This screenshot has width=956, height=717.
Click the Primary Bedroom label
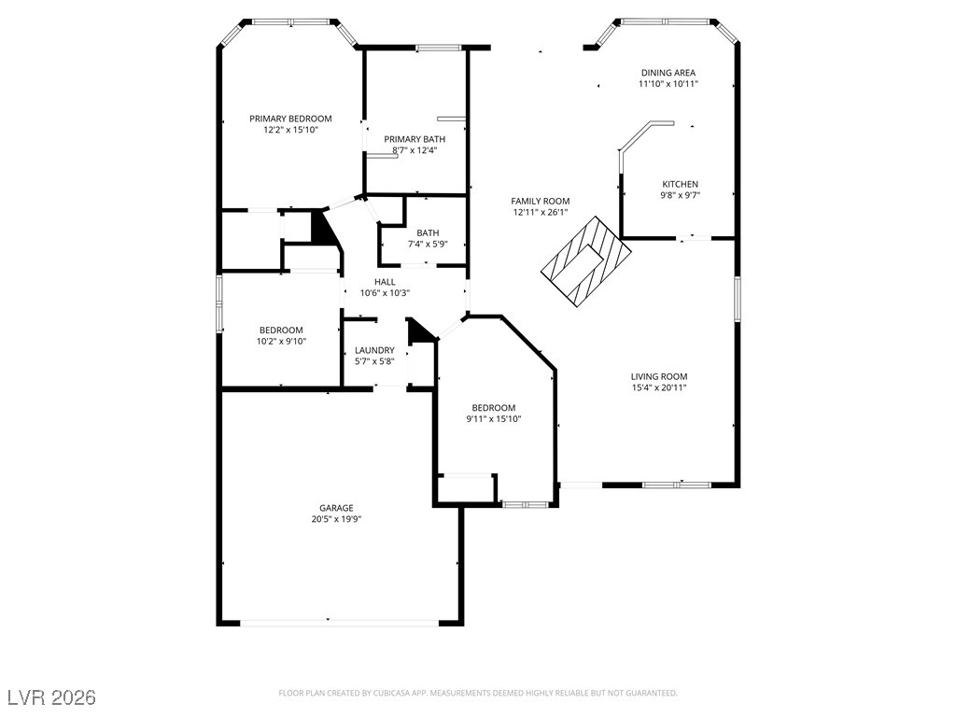290,119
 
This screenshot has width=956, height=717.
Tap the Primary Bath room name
415,139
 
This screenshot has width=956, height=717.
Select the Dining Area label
668,73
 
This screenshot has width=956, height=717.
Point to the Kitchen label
681,184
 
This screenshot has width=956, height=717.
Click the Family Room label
541,202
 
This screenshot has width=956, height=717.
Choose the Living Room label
659,377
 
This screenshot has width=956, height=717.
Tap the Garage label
336,508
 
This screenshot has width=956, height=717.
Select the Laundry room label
374,351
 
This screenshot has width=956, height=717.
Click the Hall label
385,282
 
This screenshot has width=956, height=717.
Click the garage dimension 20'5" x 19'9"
336,519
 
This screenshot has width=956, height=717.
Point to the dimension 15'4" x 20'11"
659,387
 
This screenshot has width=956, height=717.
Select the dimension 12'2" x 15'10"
291,130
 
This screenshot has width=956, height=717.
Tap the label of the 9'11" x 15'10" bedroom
494,408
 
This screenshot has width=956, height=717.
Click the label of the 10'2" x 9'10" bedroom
281,330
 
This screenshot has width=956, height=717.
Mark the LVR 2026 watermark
52,697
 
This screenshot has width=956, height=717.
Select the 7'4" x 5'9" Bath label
428,232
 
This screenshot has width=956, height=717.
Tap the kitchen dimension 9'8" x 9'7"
681,196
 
